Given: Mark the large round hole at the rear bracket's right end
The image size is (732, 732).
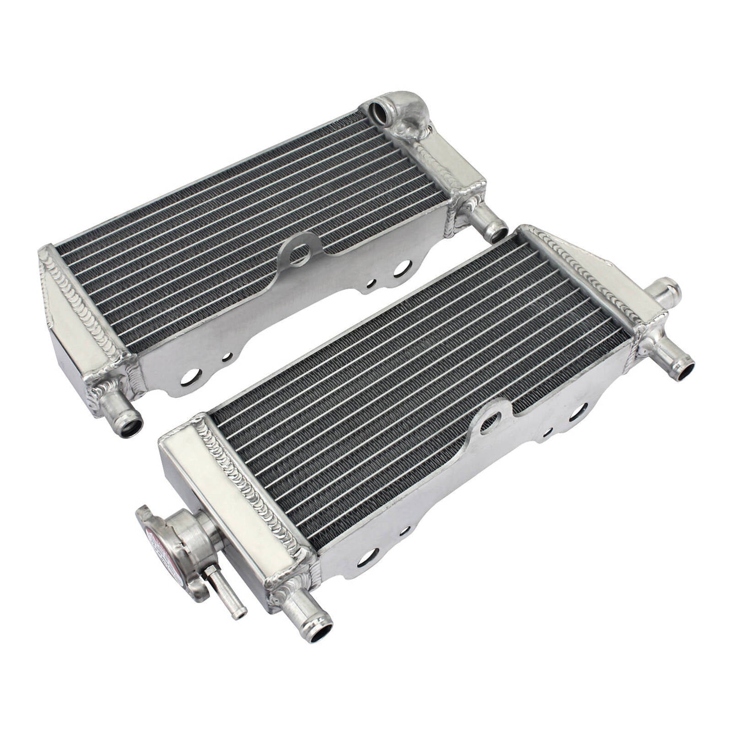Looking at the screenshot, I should (x=401, y=268).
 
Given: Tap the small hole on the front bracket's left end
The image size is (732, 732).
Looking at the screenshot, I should (x=404, y=531).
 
